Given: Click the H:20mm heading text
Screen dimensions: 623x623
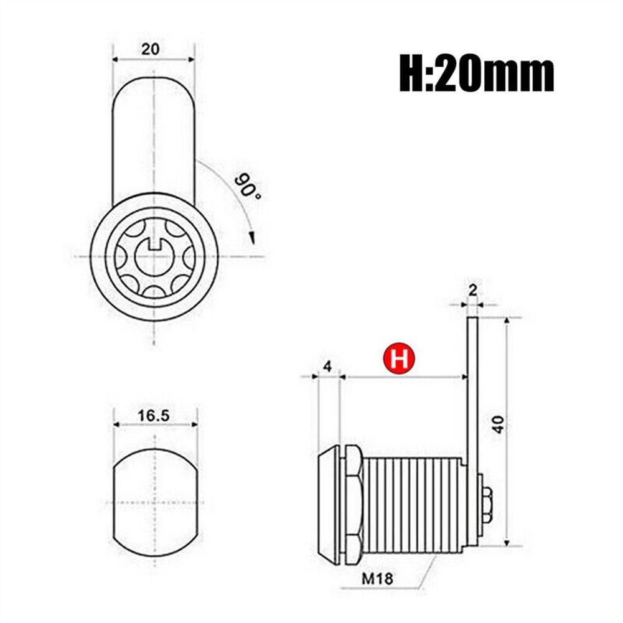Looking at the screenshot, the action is (x=476, y=74).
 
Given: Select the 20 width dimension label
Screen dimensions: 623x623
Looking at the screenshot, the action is (x=150, y=49).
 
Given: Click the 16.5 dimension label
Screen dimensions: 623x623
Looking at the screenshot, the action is (x=153, y=416).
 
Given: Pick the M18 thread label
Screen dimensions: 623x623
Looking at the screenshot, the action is (x=377, y=578).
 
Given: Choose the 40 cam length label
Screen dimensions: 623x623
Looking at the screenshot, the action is (x=499, y=424).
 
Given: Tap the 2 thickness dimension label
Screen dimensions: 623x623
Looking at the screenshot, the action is (x=472, y=291).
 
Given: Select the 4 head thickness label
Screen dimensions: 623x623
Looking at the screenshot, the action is (x=327, y=366).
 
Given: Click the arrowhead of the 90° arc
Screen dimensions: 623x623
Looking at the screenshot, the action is (x=251, y=237).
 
